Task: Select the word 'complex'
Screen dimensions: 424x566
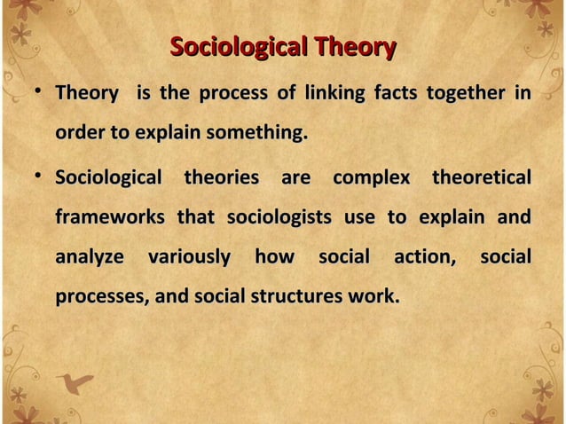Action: tap(371, 177)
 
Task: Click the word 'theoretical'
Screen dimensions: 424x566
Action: tap(481, 177)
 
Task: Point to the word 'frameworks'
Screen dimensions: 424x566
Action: tap(110, 218)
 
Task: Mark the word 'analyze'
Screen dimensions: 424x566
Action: tap(90, 258)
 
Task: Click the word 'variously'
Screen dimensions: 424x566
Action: tap(188, 258)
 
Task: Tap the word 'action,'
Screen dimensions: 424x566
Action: tap(425, 258)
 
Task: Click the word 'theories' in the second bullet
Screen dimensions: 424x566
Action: tap(221, 177)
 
